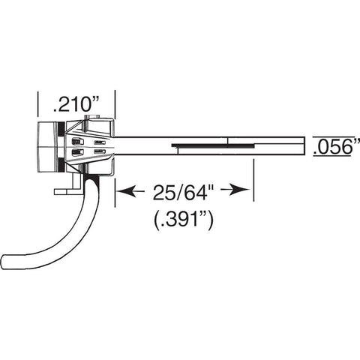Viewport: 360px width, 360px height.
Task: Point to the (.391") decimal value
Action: point(183,220)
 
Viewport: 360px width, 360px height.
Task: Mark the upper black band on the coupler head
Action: point(61,129)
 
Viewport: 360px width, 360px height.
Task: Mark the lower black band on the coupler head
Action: point(61,165)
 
